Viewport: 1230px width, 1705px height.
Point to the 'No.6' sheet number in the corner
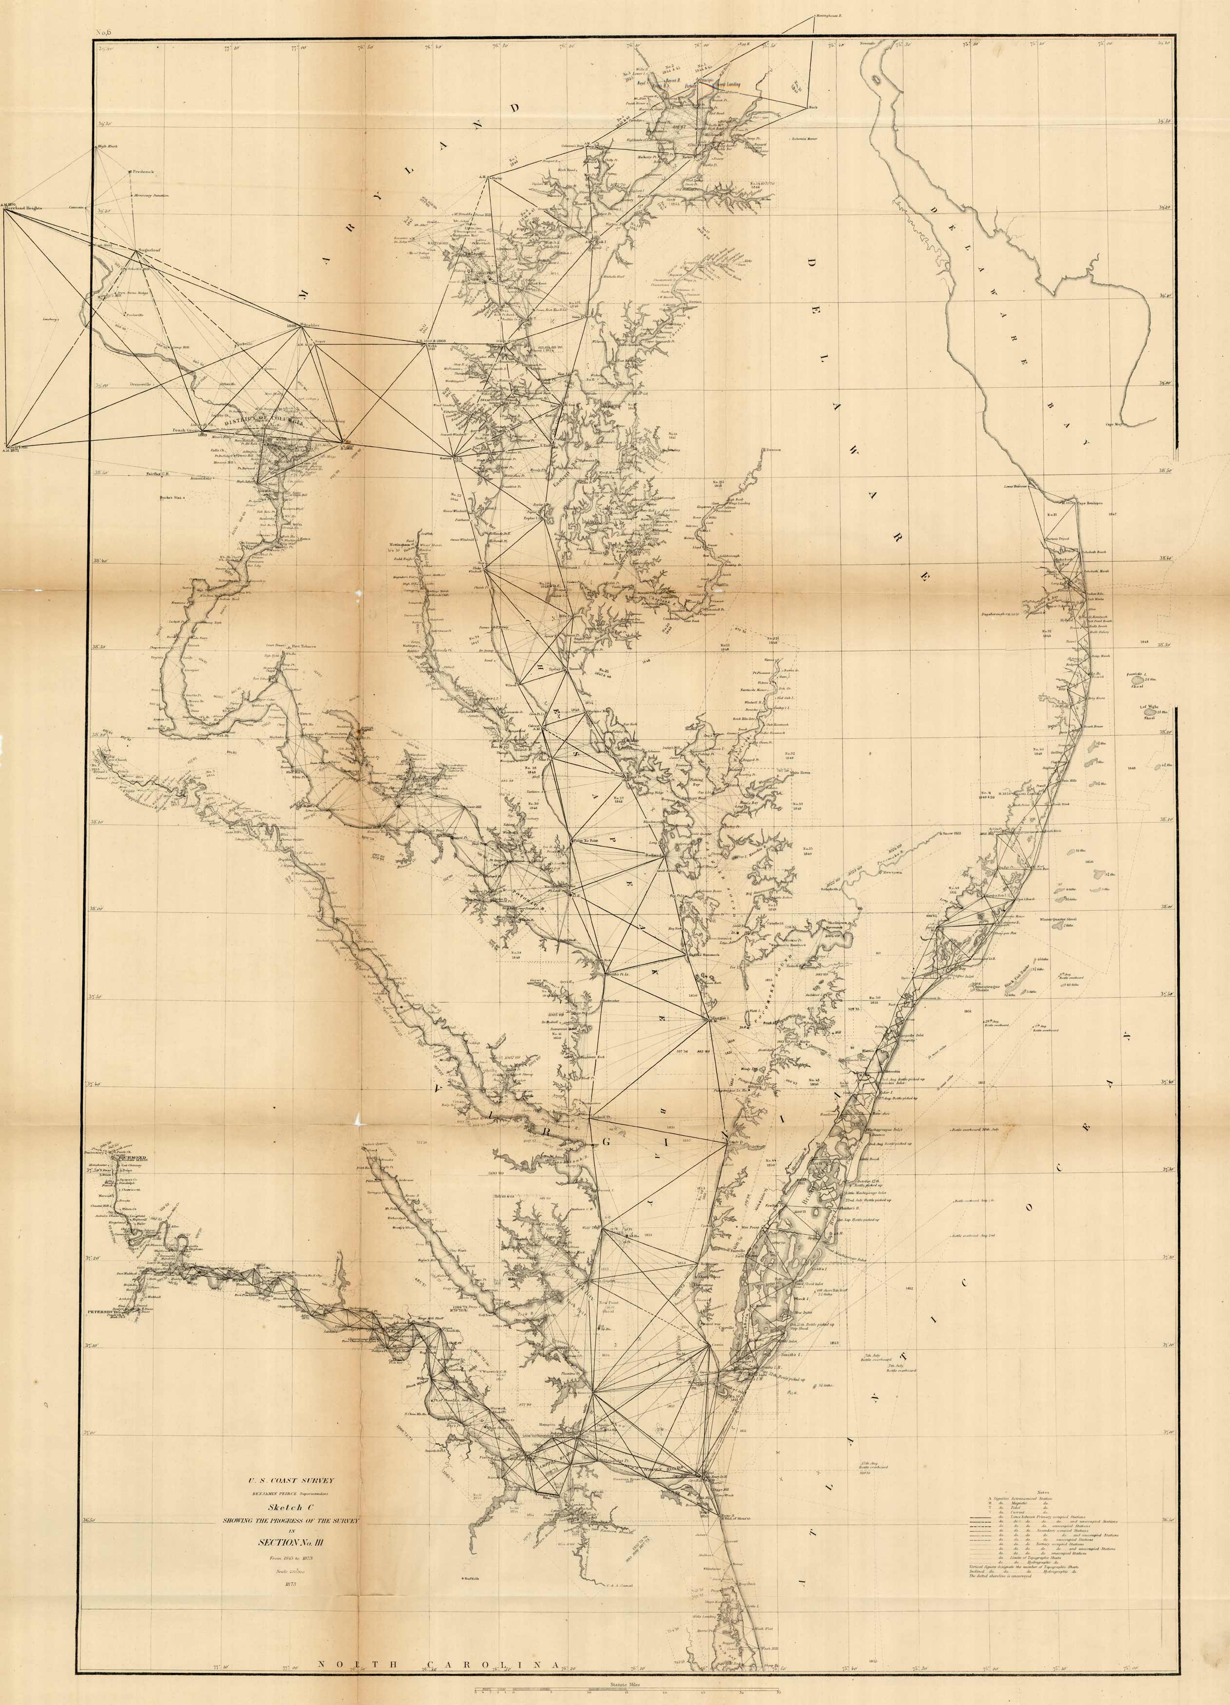pos(103,32)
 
